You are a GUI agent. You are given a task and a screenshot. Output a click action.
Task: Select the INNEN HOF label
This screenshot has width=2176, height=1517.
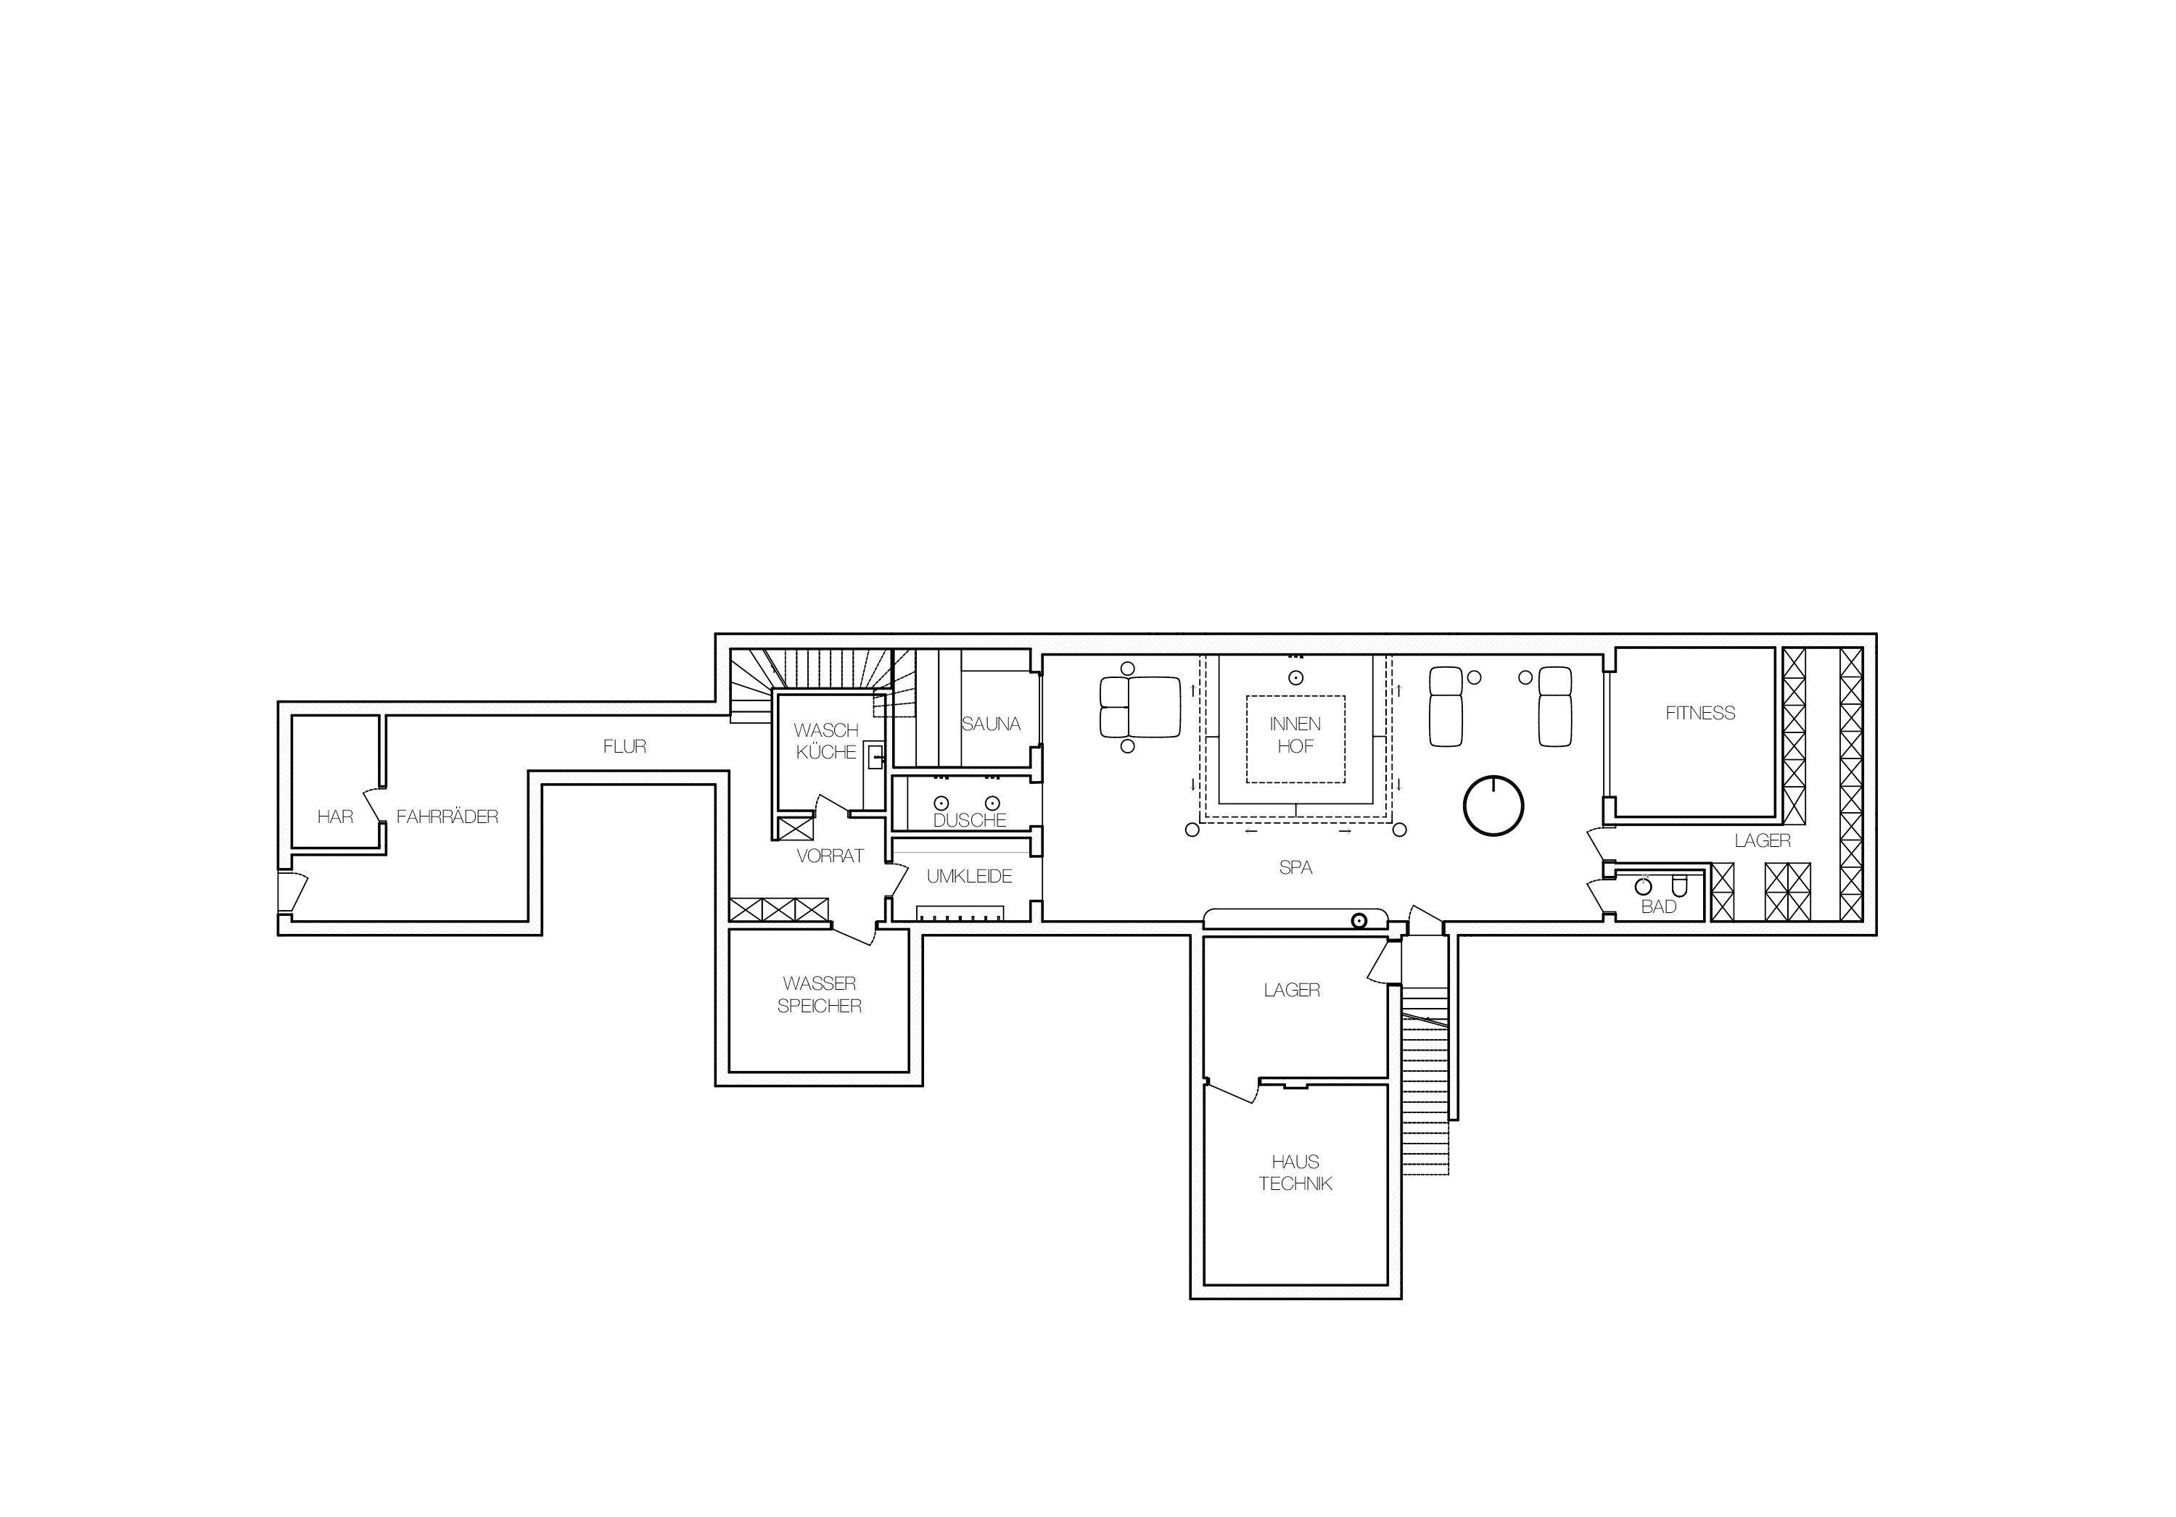tap(1295, 735)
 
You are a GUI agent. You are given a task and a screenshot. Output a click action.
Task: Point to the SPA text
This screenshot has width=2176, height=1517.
tap(1295, 867)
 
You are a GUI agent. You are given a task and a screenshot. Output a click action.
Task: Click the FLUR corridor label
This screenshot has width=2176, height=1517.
tap(625, 747)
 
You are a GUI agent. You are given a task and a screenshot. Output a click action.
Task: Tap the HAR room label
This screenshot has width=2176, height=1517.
tap(334, 817)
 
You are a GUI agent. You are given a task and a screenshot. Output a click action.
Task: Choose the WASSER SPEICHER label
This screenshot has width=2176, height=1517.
tap(819, 995)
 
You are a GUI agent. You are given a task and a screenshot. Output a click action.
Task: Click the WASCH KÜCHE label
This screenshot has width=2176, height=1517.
tap(825, 741)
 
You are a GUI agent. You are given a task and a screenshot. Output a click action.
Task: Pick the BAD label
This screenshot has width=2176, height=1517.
tap(1659, 906)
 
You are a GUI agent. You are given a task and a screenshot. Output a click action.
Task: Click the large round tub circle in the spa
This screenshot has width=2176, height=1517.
tap(1493, 806)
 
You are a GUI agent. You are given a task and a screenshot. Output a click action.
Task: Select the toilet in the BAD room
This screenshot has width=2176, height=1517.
tap(1679, 887)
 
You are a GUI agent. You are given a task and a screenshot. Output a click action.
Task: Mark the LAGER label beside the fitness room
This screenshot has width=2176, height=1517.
tap(1762, 840)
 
